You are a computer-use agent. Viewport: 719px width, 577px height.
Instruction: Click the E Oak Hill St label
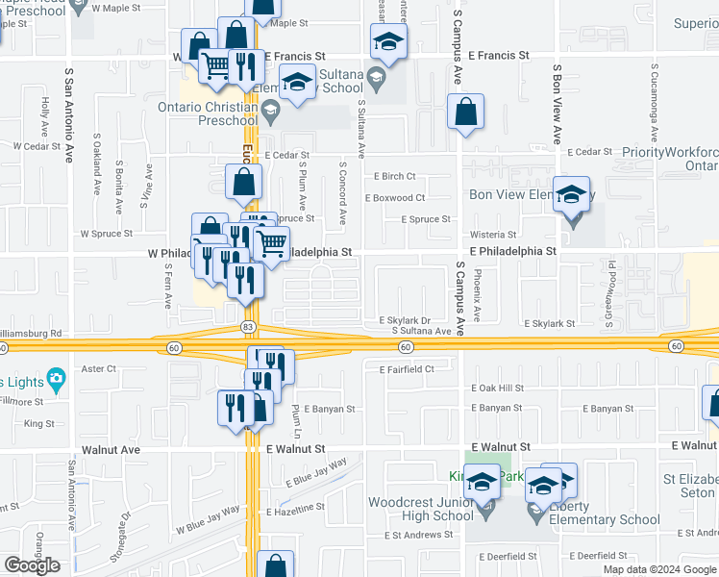click(497, 388)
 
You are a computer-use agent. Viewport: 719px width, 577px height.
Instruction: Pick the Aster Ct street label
click(99, 368)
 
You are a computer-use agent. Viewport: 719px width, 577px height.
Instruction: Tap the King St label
click(39, 423)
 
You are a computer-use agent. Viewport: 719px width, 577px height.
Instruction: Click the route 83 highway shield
click(247, 328)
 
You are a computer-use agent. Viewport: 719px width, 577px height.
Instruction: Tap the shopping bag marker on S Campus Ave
click(465, 113)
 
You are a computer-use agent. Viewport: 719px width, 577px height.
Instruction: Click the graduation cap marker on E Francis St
click(388, 42)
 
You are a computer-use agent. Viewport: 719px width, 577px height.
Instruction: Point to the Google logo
click(33, 565)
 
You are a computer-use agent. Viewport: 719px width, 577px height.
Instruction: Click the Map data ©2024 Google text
click(658, 568)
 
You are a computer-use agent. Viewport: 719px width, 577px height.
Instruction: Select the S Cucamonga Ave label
click(655, 106)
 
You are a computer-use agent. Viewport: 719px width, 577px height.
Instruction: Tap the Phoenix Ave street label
click(478, 294)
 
